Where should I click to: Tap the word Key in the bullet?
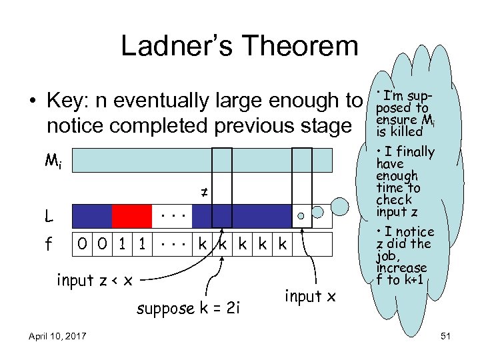point(67,101)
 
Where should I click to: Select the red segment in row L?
point(131,216)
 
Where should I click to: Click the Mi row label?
point(53,161)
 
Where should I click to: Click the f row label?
point(49,245)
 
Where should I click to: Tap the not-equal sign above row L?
point(205,193)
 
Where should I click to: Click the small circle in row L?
point(301,216)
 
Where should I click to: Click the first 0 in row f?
point(81,245)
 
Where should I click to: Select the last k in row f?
point(282,245)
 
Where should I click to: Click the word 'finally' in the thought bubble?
point(415,153)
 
